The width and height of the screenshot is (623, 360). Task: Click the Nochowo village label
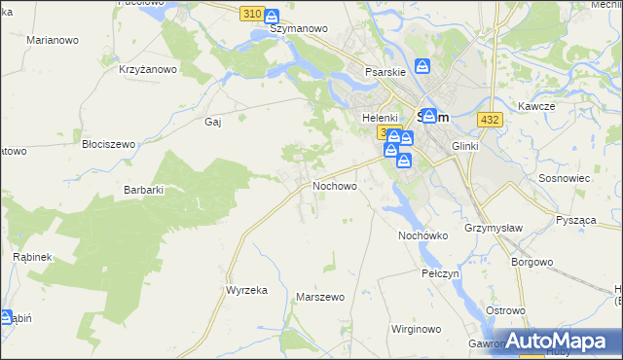point(334,185)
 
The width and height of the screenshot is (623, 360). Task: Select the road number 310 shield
point(250,14)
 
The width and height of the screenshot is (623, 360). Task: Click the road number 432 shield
point(490,119)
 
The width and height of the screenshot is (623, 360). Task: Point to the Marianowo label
point(53,40)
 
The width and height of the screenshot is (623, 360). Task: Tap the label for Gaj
point(214,122)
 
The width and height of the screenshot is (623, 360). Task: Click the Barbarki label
point(142,190)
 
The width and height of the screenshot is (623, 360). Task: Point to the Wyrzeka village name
point(246,290)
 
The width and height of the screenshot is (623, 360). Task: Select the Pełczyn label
point(440,273)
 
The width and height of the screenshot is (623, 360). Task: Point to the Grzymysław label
point(490,231)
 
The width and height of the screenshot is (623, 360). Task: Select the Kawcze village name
point(536,105)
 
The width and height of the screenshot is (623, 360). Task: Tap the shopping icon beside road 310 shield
point(272,16)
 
